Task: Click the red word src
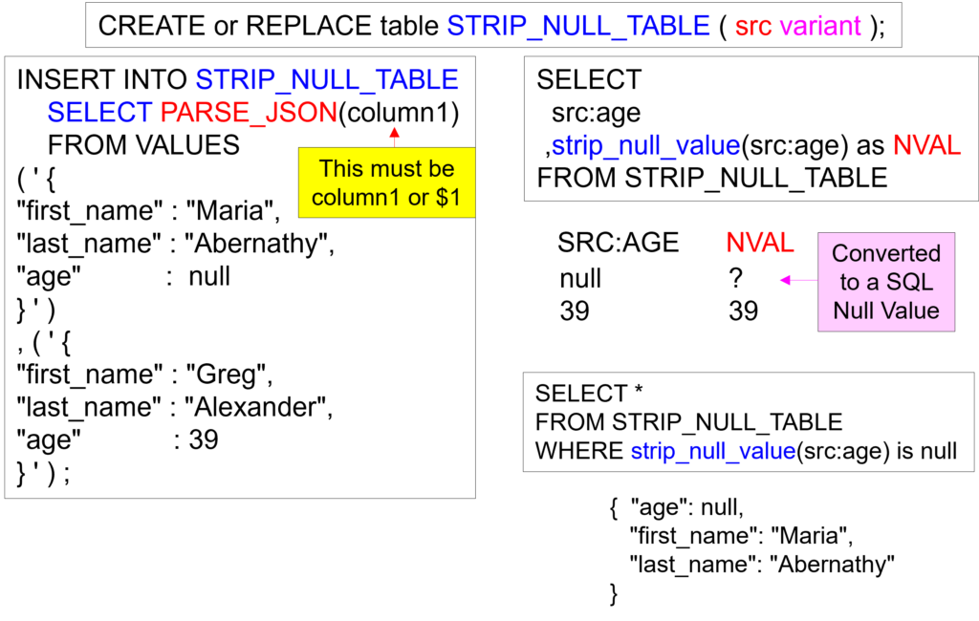point(753,27)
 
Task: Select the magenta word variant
point(820,27)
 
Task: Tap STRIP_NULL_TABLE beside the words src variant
point(578,27)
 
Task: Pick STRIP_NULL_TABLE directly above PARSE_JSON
point(327,80)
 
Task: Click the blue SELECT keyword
point(99,113)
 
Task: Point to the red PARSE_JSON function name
point(249,113)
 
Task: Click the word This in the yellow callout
point(339,169)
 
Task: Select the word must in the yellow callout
point(395,169)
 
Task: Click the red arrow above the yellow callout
point(393,135)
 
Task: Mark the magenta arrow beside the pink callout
point(795,280)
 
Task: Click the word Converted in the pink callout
point(886,254)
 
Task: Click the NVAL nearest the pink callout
point(760,244)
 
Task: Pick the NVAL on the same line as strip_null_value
point(926,146)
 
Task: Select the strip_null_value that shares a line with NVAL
point(645,147)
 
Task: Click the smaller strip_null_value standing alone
point(713,452)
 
